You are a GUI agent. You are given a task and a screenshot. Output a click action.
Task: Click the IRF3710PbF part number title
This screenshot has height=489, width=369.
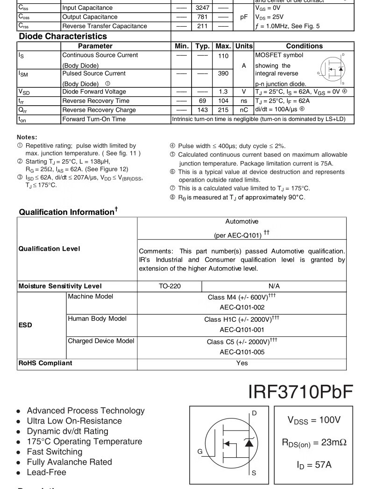300,392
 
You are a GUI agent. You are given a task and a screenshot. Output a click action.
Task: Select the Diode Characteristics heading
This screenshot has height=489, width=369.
63,36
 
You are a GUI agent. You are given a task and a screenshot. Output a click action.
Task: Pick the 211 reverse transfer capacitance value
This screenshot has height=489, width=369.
202,26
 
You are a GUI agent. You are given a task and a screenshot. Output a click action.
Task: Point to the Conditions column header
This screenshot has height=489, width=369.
304,46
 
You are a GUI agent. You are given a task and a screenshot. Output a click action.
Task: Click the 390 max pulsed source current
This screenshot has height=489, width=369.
223,74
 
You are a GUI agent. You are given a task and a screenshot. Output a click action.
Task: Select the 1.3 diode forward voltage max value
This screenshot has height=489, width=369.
223,92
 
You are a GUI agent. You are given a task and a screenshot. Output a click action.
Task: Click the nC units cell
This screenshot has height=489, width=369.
244,110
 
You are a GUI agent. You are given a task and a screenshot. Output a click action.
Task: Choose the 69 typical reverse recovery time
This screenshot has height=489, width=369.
202,101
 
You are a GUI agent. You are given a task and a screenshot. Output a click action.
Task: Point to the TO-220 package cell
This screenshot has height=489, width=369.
170,286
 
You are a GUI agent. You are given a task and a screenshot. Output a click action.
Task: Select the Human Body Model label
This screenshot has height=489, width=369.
97,319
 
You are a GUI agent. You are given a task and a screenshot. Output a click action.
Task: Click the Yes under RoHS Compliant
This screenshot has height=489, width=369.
242,363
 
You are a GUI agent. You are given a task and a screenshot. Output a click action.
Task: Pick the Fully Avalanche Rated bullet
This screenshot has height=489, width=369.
69,462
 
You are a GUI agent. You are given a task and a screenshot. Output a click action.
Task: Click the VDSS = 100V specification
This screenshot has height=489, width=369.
314,420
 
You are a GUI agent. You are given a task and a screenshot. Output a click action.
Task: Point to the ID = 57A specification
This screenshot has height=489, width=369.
314,465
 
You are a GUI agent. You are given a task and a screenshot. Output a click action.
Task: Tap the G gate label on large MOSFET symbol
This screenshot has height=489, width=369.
200,452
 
